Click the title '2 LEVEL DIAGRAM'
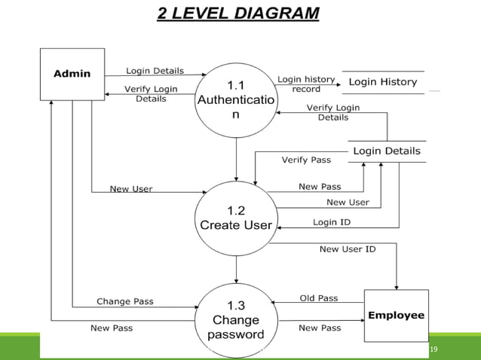tap(237, 14)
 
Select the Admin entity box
tap(72, 74)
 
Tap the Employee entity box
tap(396, 315)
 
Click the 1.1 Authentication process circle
tap(236, 99)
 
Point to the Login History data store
tap(382, 81)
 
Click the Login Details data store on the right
tap(387, 151)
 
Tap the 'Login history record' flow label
tap(306, 84)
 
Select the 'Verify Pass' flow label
tap(306, 160)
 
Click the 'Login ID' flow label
tap(332, 222)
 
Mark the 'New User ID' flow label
tap(348, 249)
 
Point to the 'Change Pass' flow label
tap(125, 301)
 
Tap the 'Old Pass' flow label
tap(319, 298)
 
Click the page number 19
tap(433, 349)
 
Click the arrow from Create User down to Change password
tap(236, 268)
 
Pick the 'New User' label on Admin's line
tap(131, 189)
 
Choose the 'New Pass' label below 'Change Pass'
tap(112, 328)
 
